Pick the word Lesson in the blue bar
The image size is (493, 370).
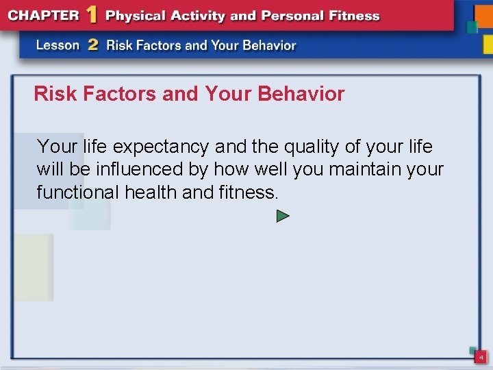coord(58,45)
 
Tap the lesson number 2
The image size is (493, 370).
coord(93,45)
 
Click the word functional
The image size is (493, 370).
coord(78,193)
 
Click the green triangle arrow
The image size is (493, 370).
coord(283,217)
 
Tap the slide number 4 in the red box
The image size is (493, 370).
coord(481,358)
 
